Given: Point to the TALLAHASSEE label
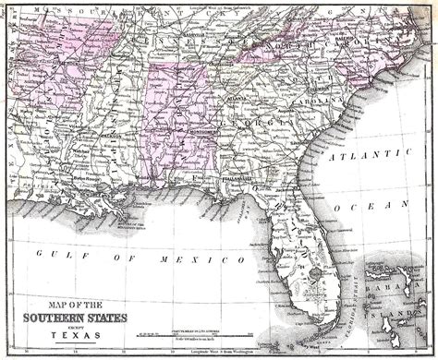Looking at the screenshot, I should tap(237, 174).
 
